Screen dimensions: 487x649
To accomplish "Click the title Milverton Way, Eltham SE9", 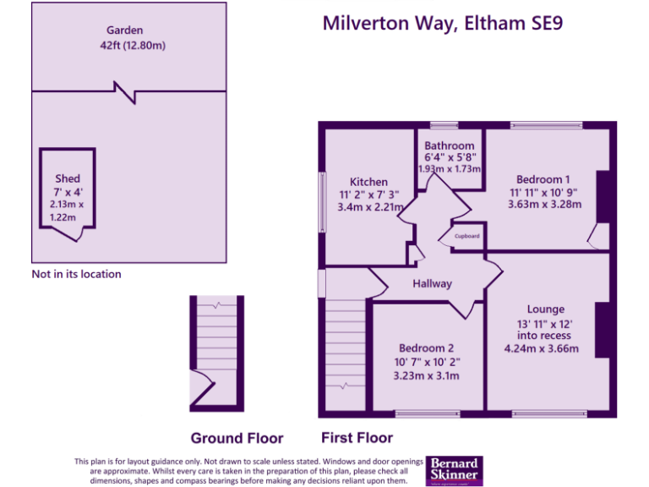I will click(443, 23).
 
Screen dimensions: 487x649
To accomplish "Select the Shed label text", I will click(68, 178).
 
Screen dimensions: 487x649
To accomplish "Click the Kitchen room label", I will click(369, 182).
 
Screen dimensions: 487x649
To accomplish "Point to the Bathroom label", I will click(449, 146).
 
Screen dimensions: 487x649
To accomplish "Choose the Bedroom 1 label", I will click(543, 179).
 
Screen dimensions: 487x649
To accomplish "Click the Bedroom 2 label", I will click(427, 348).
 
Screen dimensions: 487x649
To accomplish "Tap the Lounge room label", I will click(545, 309).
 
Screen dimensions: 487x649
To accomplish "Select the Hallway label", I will click(432, 284).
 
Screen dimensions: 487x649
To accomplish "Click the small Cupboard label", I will click(467, 237).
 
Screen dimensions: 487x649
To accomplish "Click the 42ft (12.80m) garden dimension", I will click(132, 45).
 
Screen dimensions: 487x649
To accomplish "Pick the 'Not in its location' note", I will click(76, 274).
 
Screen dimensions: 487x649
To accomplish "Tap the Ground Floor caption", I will click(237, 438).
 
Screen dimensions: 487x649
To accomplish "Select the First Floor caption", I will click(357, 438).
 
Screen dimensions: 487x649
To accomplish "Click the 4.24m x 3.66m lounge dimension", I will click(541, 348).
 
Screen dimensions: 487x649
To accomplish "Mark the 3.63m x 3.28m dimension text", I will click(543, 206).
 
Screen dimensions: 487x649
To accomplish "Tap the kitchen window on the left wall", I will click(321, 201).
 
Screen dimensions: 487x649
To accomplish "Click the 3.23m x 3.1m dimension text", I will click(427, 375).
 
